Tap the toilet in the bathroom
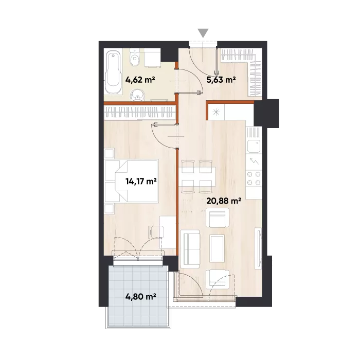(134, 58)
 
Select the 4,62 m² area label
(140, 80)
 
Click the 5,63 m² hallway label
(221, 80)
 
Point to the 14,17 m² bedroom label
(141, 182)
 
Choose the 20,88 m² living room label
(224, 201)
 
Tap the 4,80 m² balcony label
(141, 297)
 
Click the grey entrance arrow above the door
(203, 32)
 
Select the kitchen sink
(254, 146)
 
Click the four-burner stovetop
(254, 178)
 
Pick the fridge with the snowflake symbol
(216, 112)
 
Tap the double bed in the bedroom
(131, 181)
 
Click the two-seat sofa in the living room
(190, 249)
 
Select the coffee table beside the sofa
(217, 248)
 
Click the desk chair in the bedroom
(156, 232)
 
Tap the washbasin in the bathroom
(137, 95)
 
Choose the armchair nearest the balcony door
(218, 279)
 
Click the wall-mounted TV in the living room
(259, 248)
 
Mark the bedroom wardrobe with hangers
(139, 112)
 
